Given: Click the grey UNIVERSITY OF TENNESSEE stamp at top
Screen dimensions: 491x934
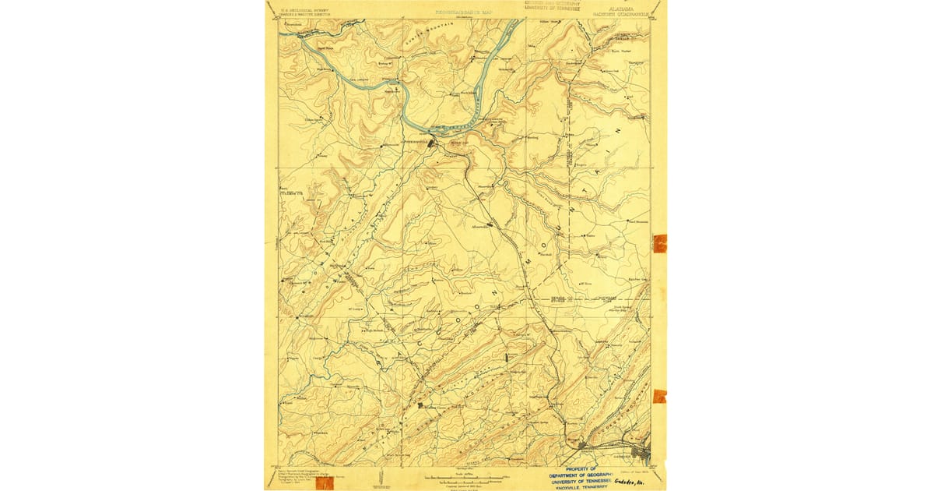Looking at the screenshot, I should [x=554, y=8].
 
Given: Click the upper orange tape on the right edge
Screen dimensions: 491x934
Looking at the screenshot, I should [x=660, y=243].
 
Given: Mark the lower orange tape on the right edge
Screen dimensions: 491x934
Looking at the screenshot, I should [x=660, y=396].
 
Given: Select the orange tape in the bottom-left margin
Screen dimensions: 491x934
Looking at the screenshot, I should [x=324, y=483].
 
